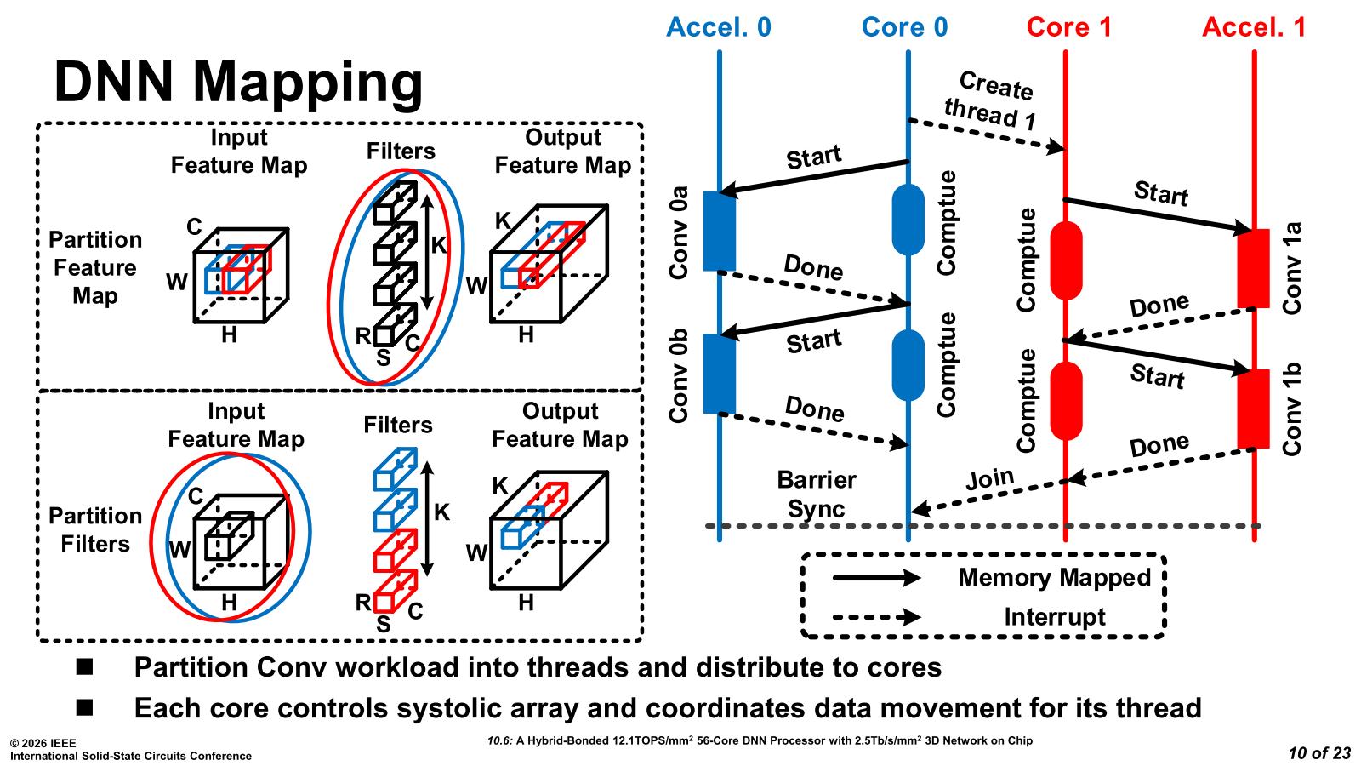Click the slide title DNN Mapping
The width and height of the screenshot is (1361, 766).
click(238, 83)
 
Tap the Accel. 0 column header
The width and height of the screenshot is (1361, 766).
click(718, 27)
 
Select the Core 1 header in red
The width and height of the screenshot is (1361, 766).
click(1068, 27)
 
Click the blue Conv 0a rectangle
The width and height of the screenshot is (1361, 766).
click(720, 231)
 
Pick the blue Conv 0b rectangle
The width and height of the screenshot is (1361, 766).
click(720, 374)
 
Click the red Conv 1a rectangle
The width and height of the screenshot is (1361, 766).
click(1253, 268)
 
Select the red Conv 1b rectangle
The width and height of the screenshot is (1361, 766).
click(1253, 409)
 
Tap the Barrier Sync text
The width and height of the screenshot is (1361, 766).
click(816, 494)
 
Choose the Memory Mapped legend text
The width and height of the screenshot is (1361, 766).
click(1054, 578)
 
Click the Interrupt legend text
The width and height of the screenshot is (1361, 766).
click(1054, 617)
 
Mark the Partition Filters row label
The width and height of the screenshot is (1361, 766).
click(94, 529)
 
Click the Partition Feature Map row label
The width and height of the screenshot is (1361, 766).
click(94, 267)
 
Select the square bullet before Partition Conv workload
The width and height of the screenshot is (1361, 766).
click(85, 666)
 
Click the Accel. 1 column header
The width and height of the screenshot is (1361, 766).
click(1253, 27)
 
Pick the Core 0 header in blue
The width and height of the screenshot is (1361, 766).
click(904, 27)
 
